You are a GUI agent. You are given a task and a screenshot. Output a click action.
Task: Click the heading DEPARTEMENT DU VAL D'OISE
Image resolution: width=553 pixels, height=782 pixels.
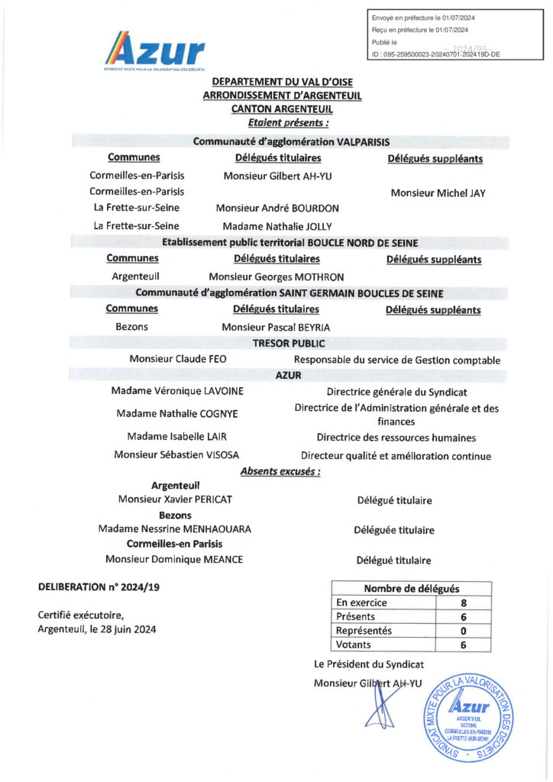click(282, 82)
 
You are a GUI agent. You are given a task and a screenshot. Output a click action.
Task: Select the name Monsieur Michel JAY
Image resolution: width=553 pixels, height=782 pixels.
click(438, 193)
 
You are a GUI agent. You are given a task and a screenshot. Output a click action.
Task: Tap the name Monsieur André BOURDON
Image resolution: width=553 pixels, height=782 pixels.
click(277, 208)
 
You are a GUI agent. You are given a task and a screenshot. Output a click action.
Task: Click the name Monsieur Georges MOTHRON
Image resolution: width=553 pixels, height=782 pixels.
click(276, 277)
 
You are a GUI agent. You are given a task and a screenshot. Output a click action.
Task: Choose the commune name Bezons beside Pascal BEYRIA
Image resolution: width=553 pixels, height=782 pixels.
click(131, 327)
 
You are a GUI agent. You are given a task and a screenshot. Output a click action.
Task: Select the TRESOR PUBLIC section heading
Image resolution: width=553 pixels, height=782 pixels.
click(289, 344)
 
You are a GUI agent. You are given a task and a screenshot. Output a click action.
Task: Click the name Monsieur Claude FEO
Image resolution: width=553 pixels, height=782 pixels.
click(178, 359)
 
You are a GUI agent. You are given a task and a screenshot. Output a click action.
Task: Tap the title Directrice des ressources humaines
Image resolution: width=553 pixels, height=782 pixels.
click(396, 438)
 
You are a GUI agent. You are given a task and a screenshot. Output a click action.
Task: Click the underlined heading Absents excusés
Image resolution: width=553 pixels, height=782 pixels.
click(280, 472)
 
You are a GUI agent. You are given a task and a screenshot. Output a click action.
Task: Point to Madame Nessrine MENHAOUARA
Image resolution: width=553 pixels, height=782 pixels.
click(175, 529)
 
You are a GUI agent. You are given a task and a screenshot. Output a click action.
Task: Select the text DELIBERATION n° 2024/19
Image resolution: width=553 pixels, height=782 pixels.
click(100, 587)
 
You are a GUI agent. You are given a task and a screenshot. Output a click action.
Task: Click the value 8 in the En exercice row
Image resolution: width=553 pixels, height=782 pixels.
click(464, 603)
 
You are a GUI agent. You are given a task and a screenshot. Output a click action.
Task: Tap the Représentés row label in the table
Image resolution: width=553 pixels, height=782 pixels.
click(364, 631)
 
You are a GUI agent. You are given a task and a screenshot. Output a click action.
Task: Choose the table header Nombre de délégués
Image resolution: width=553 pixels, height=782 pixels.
click(411, 588)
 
